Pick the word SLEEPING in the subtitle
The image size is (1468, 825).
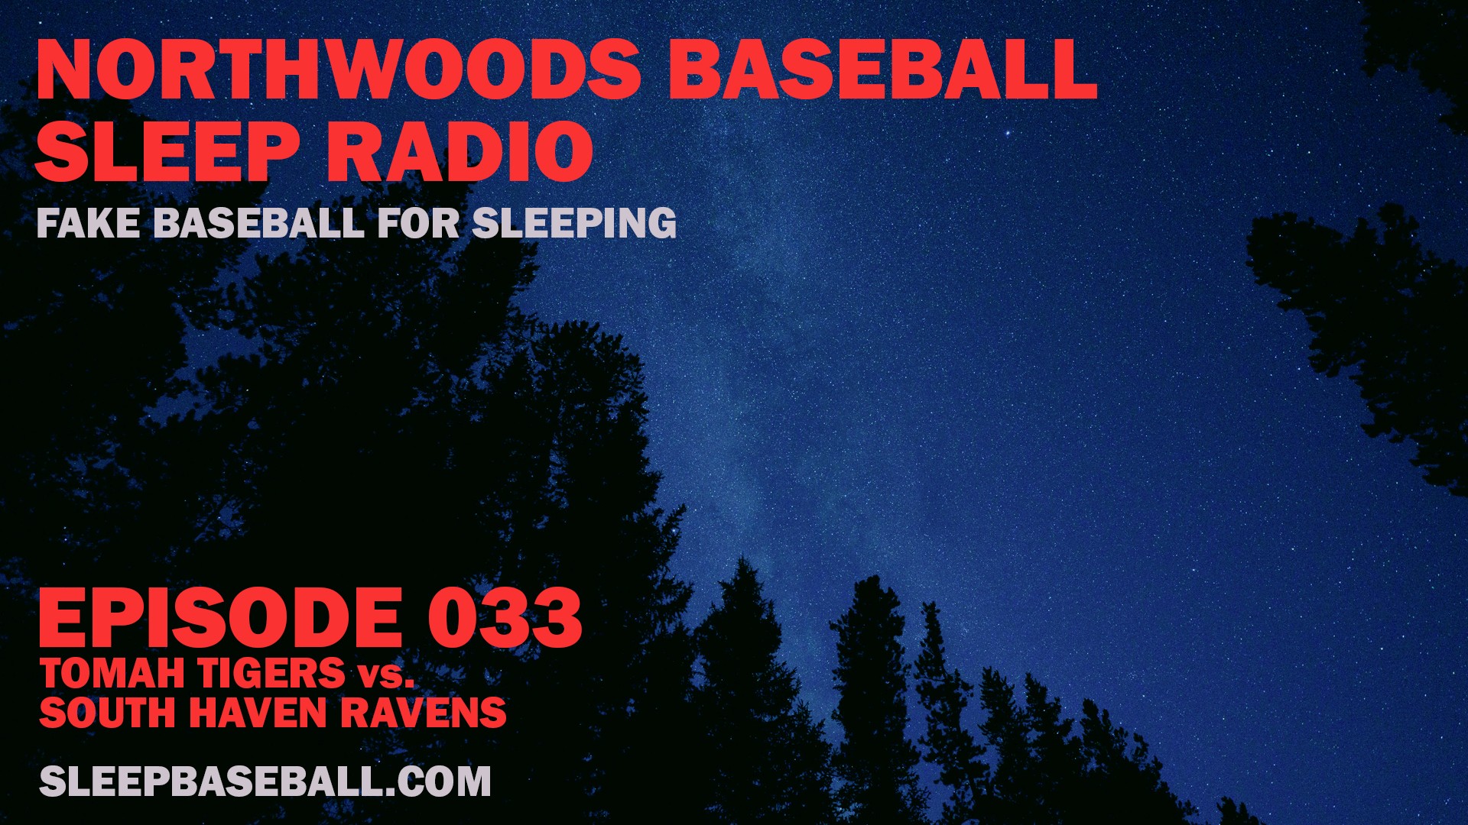pyautogui.click(x=574, y=223)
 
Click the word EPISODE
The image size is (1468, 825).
pyautogui.click(x=220, y=618)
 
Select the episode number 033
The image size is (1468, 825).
pyautogui.click(x=505, y=618)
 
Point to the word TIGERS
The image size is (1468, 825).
pyautogui.click(x=271, y=674)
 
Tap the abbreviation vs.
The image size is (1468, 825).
pyautogui.click(x=385, y=677)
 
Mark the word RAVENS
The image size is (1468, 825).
pyautogui.click(x=423, y=713)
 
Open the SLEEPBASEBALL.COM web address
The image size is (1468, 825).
pyautogui.click(x=265, y=781)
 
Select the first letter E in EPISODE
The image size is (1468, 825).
pyautogui.click(x=63, y=618)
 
